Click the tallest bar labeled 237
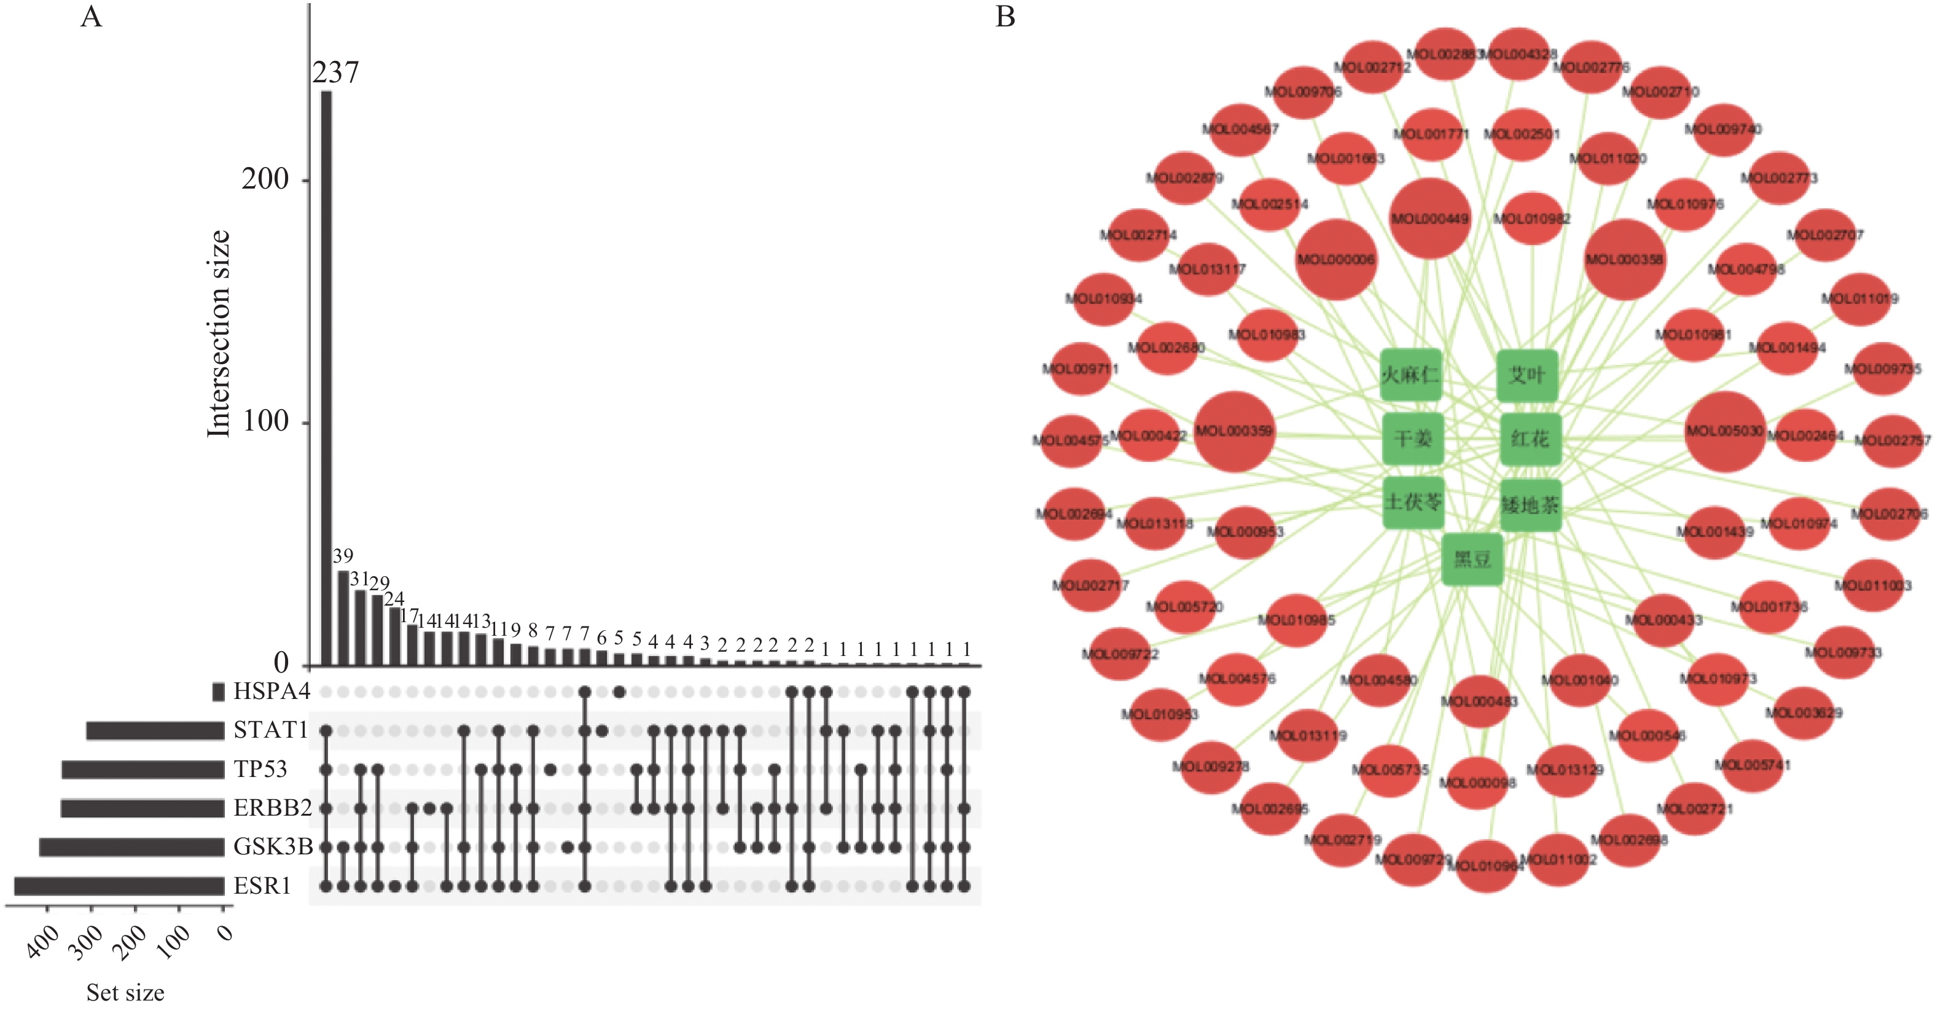tap(326, 375)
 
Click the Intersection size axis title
tap(218, 334)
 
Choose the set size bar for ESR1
tap(119, 886)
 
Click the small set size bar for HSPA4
tap(219, 692)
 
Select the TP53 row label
tap(260, 769)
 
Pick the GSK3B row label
tap(273, 847)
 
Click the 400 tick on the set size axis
tap(43, 940)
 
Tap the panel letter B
tap(1005, 17)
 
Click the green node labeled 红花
tap(1530, 439)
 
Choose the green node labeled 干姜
tap(1413, 439)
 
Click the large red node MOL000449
tap(1429, 219)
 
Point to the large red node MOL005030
tap(1725, 431)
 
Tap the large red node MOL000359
tap(1234, 431)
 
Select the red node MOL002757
tap(1892, 440)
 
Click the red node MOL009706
tap(1302, 92)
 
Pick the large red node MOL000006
tap(1335, 260)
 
